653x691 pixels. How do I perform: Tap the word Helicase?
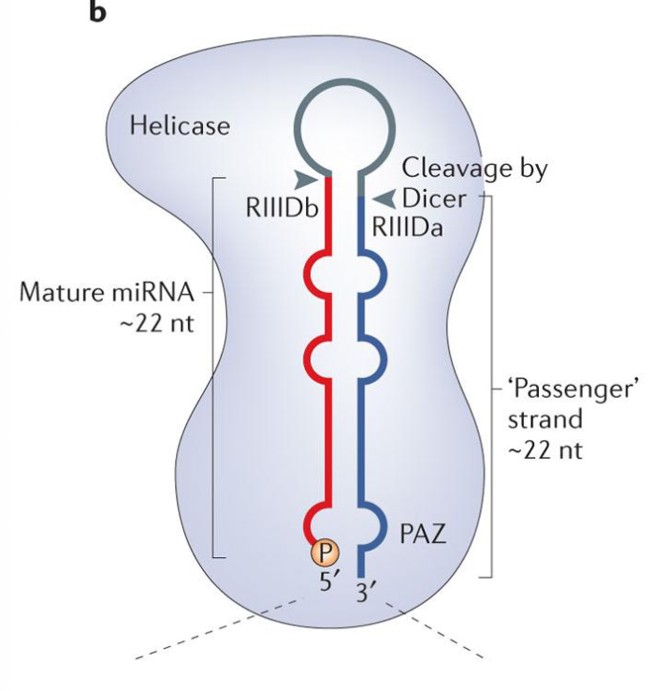(180, 125)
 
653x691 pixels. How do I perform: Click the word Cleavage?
(452, 170)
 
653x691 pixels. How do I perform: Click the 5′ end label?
(330, 581)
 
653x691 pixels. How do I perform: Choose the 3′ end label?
(367, 592)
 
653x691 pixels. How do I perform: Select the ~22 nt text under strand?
(545, 449)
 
